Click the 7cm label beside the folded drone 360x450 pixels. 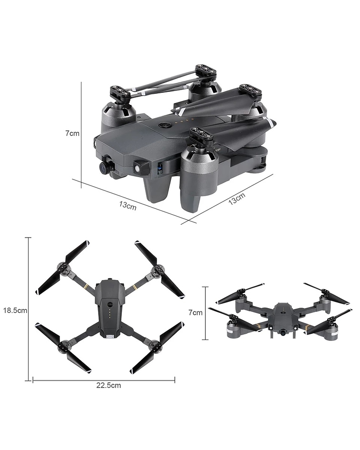[72, 133]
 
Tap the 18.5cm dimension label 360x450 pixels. [15, 310]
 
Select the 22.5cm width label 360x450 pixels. [109, 385]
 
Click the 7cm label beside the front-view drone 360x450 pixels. [196, 312]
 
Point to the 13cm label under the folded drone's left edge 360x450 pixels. [128, 206]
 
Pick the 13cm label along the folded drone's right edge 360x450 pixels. [237, 199]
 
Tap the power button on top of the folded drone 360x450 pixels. [165, 125]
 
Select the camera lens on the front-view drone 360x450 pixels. [283, 333]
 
